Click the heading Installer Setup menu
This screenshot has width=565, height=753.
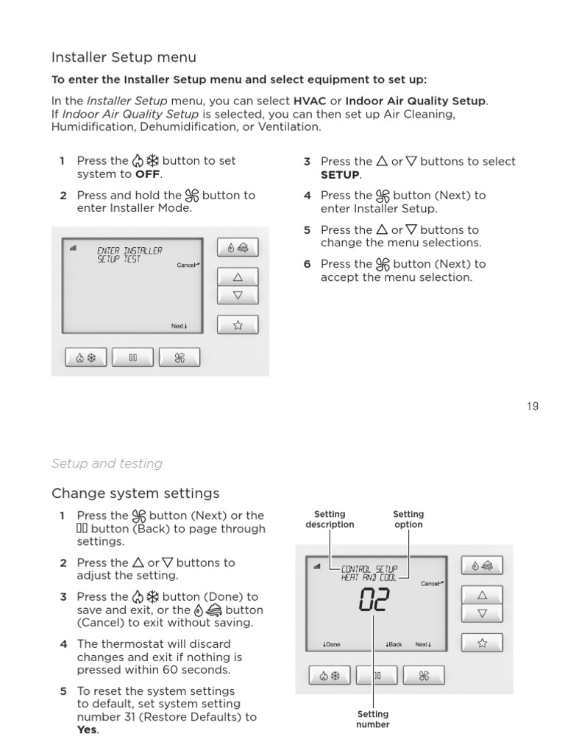[x=124, y=57]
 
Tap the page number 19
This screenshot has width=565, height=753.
[x=532, y=407]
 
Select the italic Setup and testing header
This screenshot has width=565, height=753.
[x=107, y=463]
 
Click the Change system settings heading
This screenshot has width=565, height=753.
[x=135, y=493]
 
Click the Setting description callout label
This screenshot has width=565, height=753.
[x=330, y=519]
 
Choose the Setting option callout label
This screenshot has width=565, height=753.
[x=408, y=519]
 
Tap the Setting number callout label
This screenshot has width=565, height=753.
[x=372, y=719]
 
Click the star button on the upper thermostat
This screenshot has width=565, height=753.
[x=238, y=326]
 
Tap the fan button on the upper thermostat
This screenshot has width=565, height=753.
[x=180, y=358]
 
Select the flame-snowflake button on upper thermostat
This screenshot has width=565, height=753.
[x=86, y=358]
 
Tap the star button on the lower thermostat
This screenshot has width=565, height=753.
[x=482, y=643]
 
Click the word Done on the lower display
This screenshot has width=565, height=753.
[x=332, y=645]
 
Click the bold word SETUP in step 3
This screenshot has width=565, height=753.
[x=340, y=175]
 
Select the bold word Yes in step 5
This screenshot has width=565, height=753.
[x=87, y=730]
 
